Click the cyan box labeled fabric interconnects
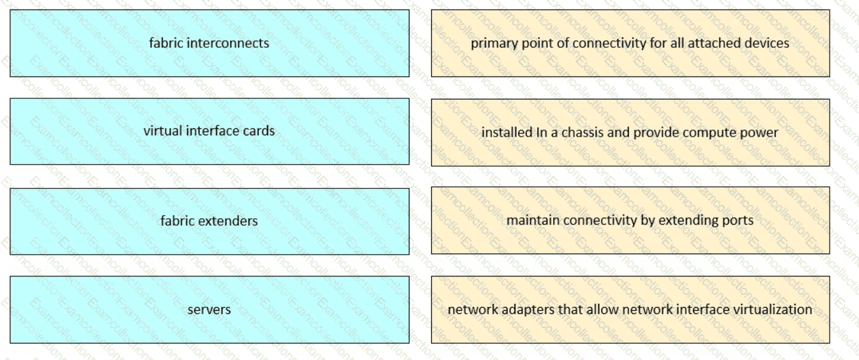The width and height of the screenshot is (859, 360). click(x=209, y=43)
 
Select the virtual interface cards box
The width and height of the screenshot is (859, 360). click(x=209, y=131)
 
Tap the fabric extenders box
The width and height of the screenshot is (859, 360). click(x=209, y=221)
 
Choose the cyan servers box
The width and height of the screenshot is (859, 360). click(x=209, y=310)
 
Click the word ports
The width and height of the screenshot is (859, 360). click(x=739, y=221)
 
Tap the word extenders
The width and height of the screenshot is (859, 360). click(x=227, y=221)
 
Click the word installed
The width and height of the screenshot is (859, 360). click(x=503, y=133)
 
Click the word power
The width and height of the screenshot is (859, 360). click(x=761, y=133)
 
